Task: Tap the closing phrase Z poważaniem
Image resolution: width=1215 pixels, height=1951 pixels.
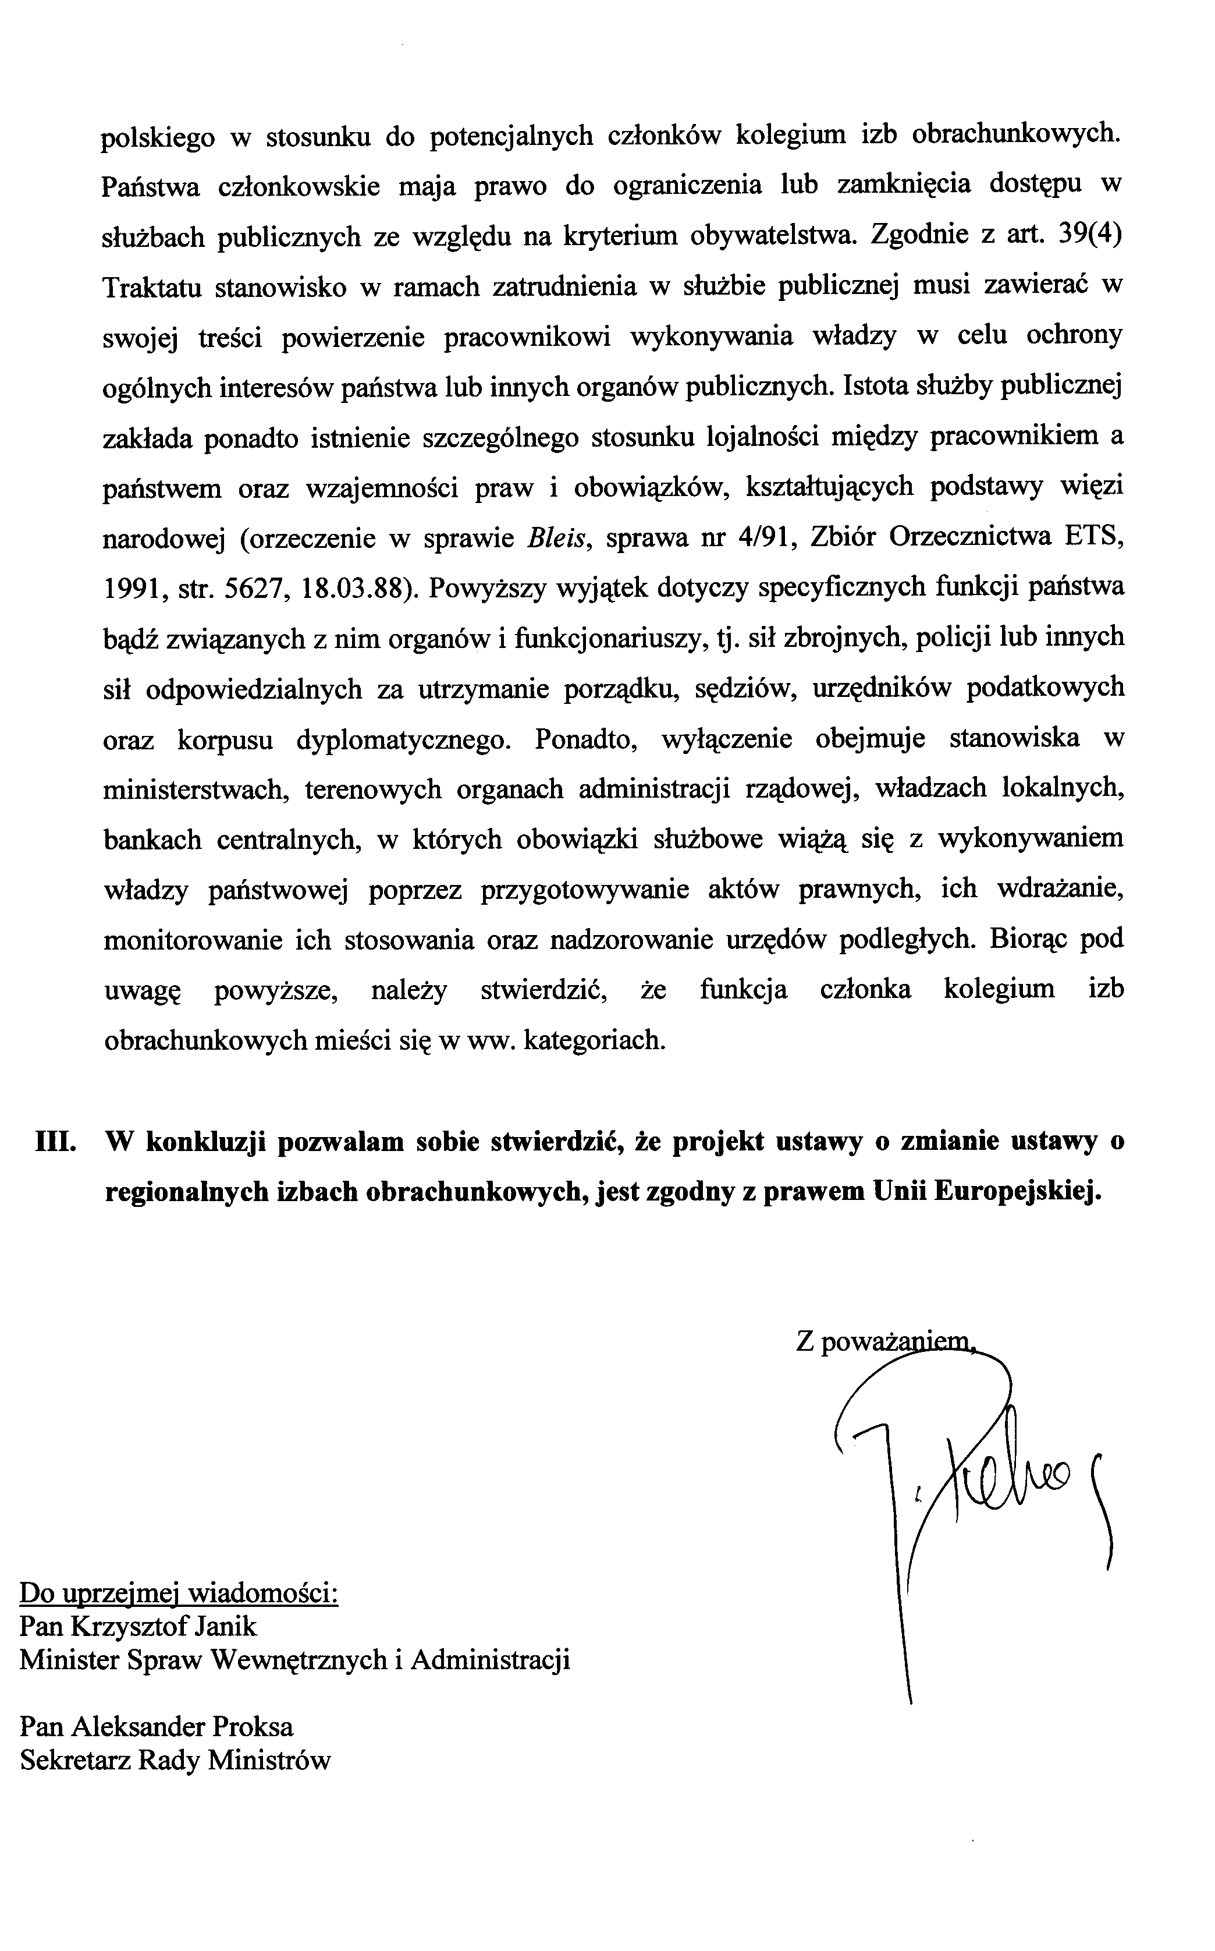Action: pos(884,1341)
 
